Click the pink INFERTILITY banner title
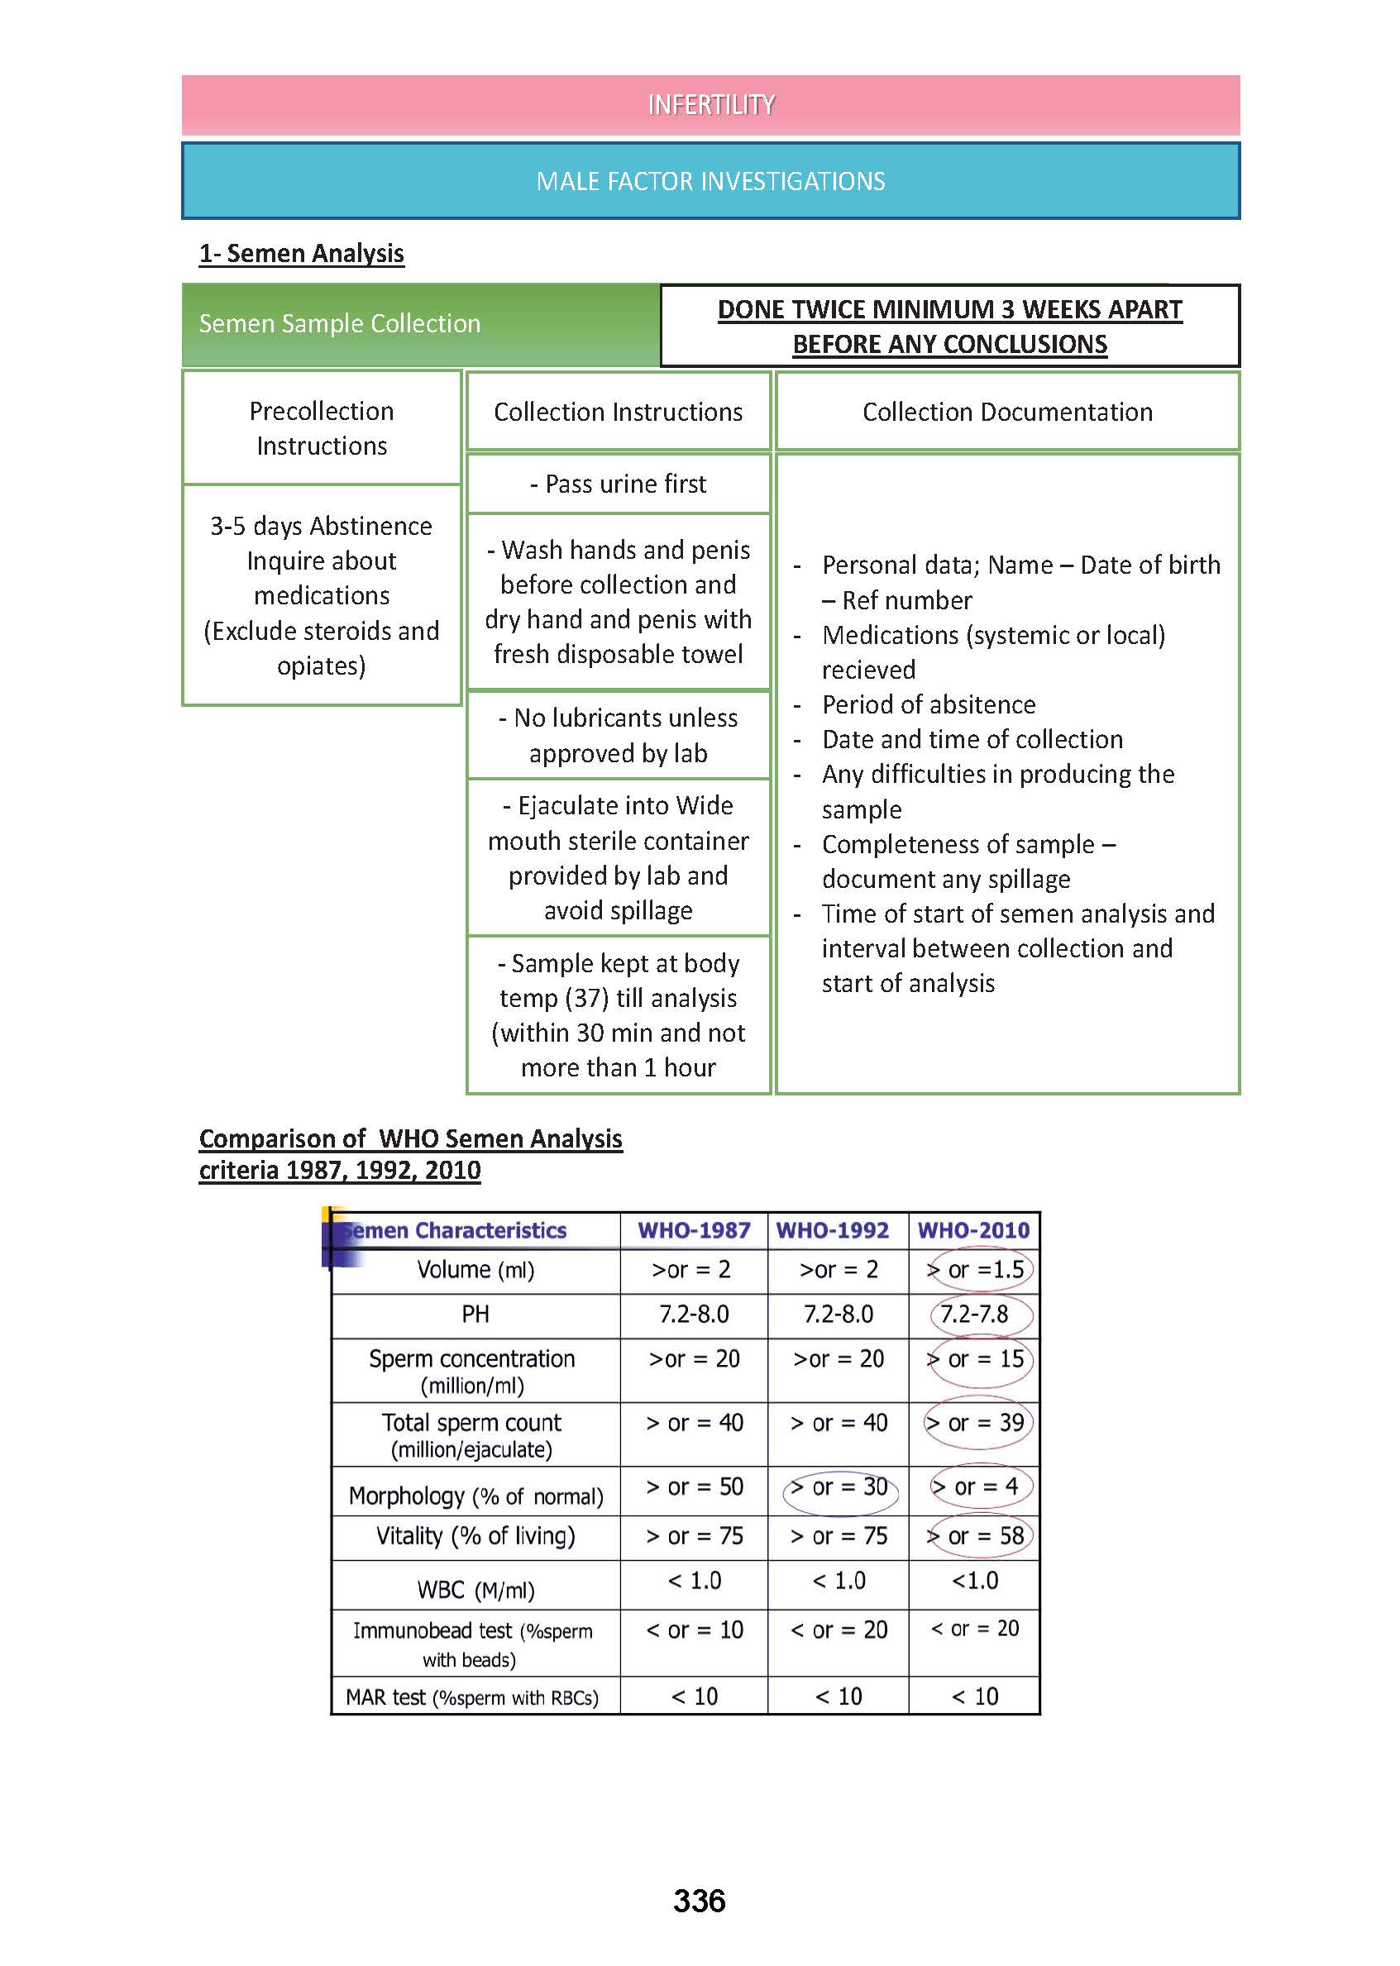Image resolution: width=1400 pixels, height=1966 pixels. click(x=710, y=105)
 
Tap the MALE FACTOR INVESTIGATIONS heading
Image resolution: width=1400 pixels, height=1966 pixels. click(x=710, y=181)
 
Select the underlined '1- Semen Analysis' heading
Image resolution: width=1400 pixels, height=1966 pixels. click(x=301, y=254)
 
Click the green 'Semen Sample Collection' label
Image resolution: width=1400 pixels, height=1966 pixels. click(x=340, y=324)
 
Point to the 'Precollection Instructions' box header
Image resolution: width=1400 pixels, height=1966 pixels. click(x=322, y=428)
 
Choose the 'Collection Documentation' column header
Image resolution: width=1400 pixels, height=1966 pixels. click(x=1007, y=412)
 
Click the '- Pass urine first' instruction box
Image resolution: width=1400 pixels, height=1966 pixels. click(x=618, y=484)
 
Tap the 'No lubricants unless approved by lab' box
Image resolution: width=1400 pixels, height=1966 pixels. click(x=618, y=735)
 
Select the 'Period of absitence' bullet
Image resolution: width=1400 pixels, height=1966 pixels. click(x=928, y=705)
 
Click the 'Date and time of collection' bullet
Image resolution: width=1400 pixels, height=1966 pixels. click(x=972, y=739)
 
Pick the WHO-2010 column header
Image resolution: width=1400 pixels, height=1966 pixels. click(x=973, y=1230)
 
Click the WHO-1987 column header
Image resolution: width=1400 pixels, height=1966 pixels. click(x=694, y=1230)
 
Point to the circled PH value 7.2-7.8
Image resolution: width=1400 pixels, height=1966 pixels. click(x=974, y=1315)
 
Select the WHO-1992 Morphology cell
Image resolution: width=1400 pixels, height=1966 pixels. click(x=839, y=1487)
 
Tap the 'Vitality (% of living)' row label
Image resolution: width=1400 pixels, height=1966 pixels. click(x=475, y=1536)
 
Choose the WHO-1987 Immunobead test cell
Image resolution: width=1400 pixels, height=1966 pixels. click(x=694, y=1630)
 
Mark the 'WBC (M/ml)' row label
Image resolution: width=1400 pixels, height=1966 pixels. click(x=475, y=1590)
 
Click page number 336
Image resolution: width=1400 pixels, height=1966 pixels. click(x=699, y=1900)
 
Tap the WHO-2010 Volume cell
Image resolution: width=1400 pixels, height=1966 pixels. click(x=976, y=1270)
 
